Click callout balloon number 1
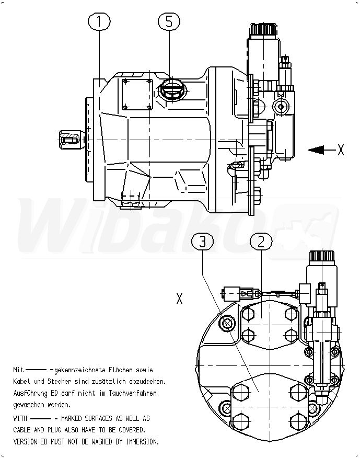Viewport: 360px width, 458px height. (99, 21)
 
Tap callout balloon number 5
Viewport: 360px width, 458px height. (169, 21)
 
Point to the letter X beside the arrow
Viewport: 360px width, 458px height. (341, 150)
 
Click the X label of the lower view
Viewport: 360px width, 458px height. (179, 298)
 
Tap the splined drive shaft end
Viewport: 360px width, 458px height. (70, 140)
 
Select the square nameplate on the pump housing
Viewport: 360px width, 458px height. (137, 94)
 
